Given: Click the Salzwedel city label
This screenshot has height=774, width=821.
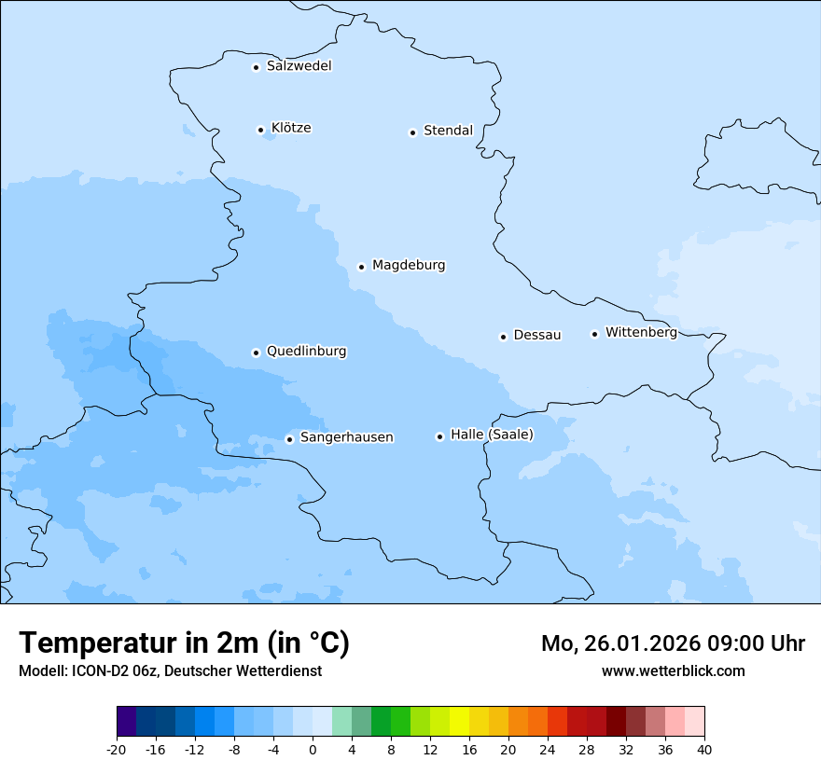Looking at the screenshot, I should pyautogui.click(x=299, y=66).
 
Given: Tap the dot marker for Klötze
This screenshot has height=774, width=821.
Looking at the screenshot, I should pyautogui.click(x=261, y=130).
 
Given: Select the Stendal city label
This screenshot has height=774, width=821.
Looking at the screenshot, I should pyautogui.click(x=448, y=131).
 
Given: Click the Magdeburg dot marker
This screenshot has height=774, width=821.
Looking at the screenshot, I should pyautogui.click(x=362, y=267).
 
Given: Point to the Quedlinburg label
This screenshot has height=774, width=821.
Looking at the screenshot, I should pyautogui.click(x=306, y=352).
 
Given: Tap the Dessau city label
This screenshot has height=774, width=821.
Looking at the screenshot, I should pyautogui.click(x=537, y=335).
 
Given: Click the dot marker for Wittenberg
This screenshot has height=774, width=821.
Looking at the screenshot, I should pyautogui.click(x=594, y=334).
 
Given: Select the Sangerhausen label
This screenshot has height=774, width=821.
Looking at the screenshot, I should pyautogui.click(x=346, y=437).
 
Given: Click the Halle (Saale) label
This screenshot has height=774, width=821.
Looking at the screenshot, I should pyautogui.click(x=492, y=435).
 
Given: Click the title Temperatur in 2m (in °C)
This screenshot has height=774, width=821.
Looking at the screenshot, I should pyautogui.click(x=184, y=643).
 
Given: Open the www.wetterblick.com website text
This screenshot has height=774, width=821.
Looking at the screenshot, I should pyautogui.click(x=673, y=670).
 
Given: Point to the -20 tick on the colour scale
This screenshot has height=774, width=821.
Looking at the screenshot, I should pyautogui.click(x=117, y=749).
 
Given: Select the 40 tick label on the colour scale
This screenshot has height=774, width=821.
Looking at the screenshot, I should pyautogui.click(x=704, y=749).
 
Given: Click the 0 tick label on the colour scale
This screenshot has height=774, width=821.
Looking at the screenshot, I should pyautogui.click(x=313, y=749).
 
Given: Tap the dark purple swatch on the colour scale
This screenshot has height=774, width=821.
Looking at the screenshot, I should pyautogui.click(x=126, y=722).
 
